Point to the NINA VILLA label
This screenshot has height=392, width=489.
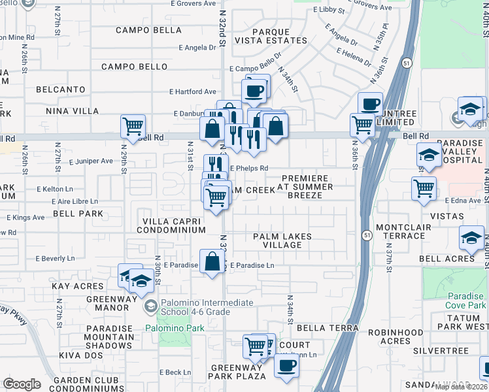[x=71, y=112]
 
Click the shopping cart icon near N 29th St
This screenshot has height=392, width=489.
[x=133, y=125]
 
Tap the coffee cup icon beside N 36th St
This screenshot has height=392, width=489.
[x=371, y=103]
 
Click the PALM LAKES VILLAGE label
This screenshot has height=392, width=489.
[x=282, y=240]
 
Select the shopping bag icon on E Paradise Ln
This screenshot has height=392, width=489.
[x=212, y=262]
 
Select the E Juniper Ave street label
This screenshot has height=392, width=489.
[x=91, y=161]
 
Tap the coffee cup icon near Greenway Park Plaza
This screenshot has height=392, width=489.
[x=286, y=368]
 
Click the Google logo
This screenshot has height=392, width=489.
[x=22, y=385]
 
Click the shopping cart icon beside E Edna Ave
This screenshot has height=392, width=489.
[x=424, y=189]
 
